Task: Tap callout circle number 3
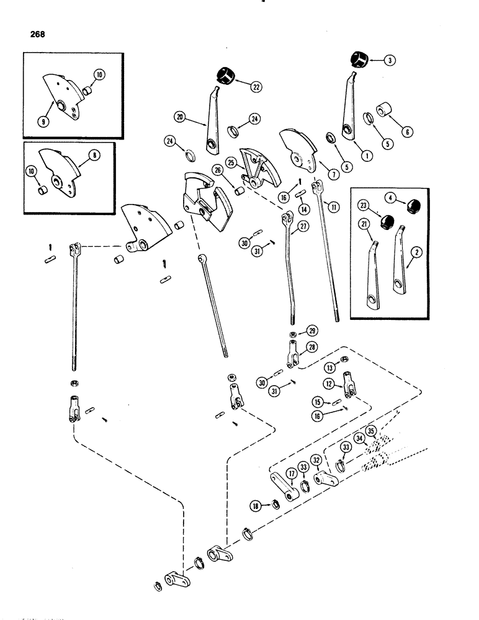click(390, 60)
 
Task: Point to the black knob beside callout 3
click(357, 60)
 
